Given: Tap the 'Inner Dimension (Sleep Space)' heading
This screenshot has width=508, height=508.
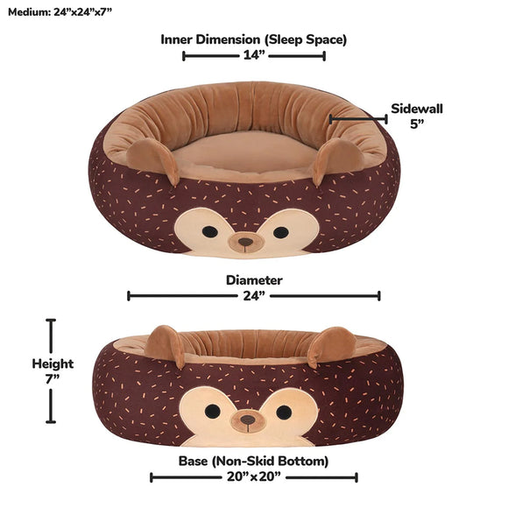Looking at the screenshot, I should click(253, 39).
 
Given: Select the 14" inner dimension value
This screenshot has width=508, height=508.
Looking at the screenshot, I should click(254, 55).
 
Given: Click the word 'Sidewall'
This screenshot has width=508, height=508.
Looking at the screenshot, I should click(417, 109).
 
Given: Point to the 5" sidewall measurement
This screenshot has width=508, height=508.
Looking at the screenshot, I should click(417, 123).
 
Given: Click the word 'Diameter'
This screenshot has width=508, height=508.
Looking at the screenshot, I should click(254, 280).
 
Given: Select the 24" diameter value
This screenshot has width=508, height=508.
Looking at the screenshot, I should click(254, 296).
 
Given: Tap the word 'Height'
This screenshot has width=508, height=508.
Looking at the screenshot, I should click(53, 363).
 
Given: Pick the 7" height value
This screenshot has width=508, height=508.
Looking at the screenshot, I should click(53, 378).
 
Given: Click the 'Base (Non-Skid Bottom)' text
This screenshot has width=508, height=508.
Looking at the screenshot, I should click(254, 461).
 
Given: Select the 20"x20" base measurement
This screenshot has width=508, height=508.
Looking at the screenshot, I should click(254, 477).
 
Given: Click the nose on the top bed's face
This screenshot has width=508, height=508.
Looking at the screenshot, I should click(245, 240).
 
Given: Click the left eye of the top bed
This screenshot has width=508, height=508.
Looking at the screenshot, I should click(210, 232).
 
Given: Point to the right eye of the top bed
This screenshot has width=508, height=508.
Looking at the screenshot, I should click(280, 232).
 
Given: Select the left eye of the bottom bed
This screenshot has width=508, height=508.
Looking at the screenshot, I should click(213, 411).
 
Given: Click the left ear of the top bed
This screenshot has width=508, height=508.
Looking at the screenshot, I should click(152, 159).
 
